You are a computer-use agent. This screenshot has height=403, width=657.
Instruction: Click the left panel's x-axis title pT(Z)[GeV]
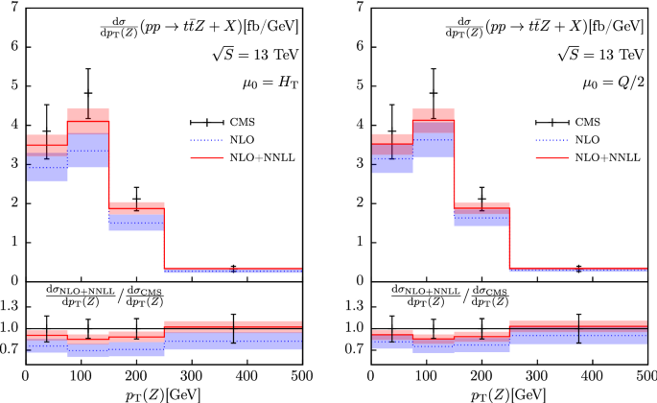(x=164, y=391)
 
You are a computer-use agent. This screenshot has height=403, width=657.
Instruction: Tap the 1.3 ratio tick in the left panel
(x=12, y=307)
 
